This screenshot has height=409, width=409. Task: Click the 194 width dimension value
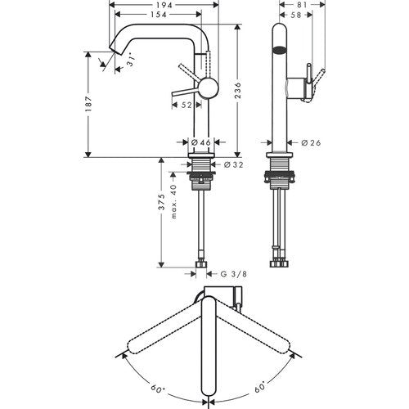164,5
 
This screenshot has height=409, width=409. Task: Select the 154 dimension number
159,15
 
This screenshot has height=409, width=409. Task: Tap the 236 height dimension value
237,91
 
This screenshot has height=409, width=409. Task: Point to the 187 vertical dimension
88,104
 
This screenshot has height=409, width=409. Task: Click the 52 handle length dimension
187,105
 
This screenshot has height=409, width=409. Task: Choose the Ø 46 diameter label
201,142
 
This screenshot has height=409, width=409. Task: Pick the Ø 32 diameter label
233,164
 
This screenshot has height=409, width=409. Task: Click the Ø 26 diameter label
311,142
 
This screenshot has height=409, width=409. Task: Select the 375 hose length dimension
162,202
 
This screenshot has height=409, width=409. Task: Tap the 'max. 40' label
173,201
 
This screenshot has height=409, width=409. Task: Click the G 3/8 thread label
233,274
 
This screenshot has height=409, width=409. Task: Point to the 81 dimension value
301,5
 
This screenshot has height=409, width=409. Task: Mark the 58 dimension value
295,15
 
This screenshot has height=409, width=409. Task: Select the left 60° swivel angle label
157,387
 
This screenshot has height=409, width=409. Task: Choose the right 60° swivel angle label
260,387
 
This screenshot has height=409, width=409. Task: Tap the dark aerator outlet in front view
280,51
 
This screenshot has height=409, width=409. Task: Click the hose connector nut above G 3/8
201,264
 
